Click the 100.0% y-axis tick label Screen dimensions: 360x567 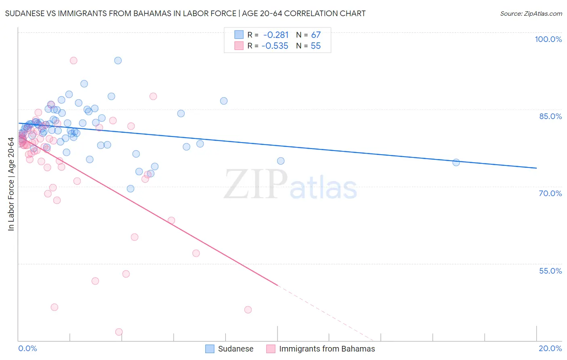[548, 39]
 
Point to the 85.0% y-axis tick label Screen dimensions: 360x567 [550, 116]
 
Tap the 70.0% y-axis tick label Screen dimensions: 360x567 [550, 193]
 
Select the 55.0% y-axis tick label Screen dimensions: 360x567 [550, 271]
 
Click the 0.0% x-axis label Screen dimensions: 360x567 [27, 348]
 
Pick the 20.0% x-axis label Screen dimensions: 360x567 [550, 348]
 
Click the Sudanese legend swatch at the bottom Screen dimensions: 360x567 [210, 349]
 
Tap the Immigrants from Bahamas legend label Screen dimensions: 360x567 [327, 349]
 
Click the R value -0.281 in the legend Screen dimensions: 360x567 [276, 35]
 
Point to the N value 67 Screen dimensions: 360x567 [316, 35]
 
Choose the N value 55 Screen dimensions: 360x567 [316, 46]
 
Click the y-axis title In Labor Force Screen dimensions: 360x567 [11, 184]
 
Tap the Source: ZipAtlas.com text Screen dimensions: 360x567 [531, 14]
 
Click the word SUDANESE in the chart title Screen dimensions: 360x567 [25, 13]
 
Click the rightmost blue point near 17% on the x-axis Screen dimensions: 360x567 [456, 163]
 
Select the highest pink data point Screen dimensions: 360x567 [73, 61]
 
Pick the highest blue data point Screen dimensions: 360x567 [118, 61]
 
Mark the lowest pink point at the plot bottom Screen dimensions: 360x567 [119, 332]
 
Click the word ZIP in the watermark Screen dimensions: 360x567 [256, 185]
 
